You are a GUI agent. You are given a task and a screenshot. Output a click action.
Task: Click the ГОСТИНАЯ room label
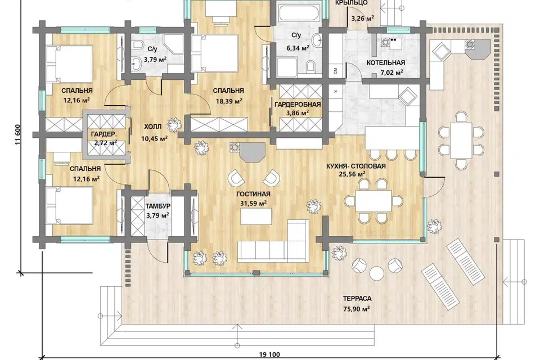[253, 194]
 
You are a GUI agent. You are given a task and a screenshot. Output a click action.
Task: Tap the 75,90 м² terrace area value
[357, 309]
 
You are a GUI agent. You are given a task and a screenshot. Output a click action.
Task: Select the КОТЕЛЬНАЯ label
[385, 62]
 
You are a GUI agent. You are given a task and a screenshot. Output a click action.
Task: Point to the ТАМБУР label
[157, 206]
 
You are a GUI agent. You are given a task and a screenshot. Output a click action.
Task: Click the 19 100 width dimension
[269, 354]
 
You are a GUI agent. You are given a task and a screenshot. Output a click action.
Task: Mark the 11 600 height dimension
[18, 134]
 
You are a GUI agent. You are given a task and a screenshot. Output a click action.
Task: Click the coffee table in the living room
[256, 216]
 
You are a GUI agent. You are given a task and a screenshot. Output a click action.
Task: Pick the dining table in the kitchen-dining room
[373, 201]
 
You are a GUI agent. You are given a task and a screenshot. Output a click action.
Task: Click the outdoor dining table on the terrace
[461, 140]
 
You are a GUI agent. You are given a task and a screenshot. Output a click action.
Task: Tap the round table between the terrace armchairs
[376, 273]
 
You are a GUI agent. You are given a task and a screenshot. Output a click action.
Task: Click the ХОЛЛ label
[152, 127]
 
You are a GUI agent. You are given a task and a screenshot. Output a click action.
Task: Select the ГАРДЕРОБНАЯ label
[298, 105]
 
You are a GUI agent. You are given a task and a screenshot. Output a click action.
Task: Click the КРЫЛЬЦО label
[351, 3]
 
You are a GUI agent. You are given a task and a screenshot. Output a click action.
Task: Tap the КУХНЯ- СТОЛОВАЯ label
[356, 166]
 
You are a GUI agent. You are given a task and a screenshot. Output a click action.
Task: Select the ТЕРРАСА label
[357, 299]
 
